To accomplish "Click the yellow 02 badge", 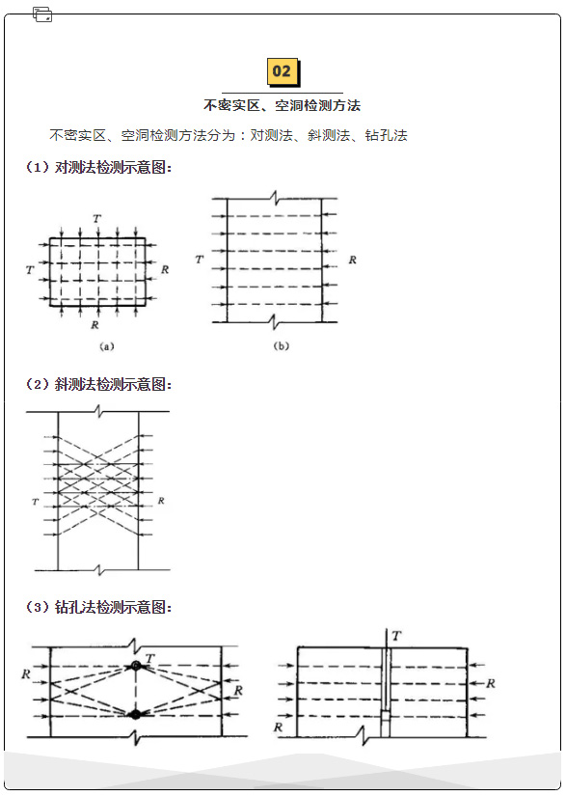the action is tap(283, 72).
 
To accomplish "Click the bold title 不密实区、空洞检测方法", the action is tap(282, 105).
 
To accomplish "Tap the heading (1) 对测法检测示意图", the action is tap(98, 167).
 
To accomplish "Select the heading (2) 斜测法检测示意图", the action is tap(98, 384).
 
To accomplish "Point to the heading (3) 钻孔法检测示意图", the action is tap(98, 607).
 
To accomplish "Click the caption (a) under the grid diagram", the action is tap(106, 346).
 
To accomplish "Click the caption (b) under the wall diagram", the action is tap(281, 346).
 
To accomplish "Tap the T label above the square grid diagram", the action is tap(96, 219).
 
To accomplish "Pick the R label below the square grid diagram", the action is tap(94, 325).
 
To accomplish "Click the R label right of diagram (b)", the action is tap(353, 260).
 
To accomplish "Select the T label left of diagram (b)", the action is tap(200, 260).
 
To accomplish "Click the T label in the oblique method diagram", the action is tap(35, 502).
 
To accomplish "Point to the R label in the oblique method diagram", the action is tap(161, 501).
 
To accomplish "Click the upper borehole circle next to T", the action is tap(135, 665).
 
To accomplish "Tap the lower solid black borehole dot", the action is tap(135, 714).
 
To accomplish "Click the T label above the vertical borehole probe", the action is tap(396, 636).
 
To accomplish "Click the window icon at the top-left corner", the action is tap(42, 14).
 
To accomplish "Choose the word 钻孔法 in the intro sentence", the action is tap(386, 135).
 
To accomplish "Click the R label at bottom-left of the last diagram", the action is tap(278, 727).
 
